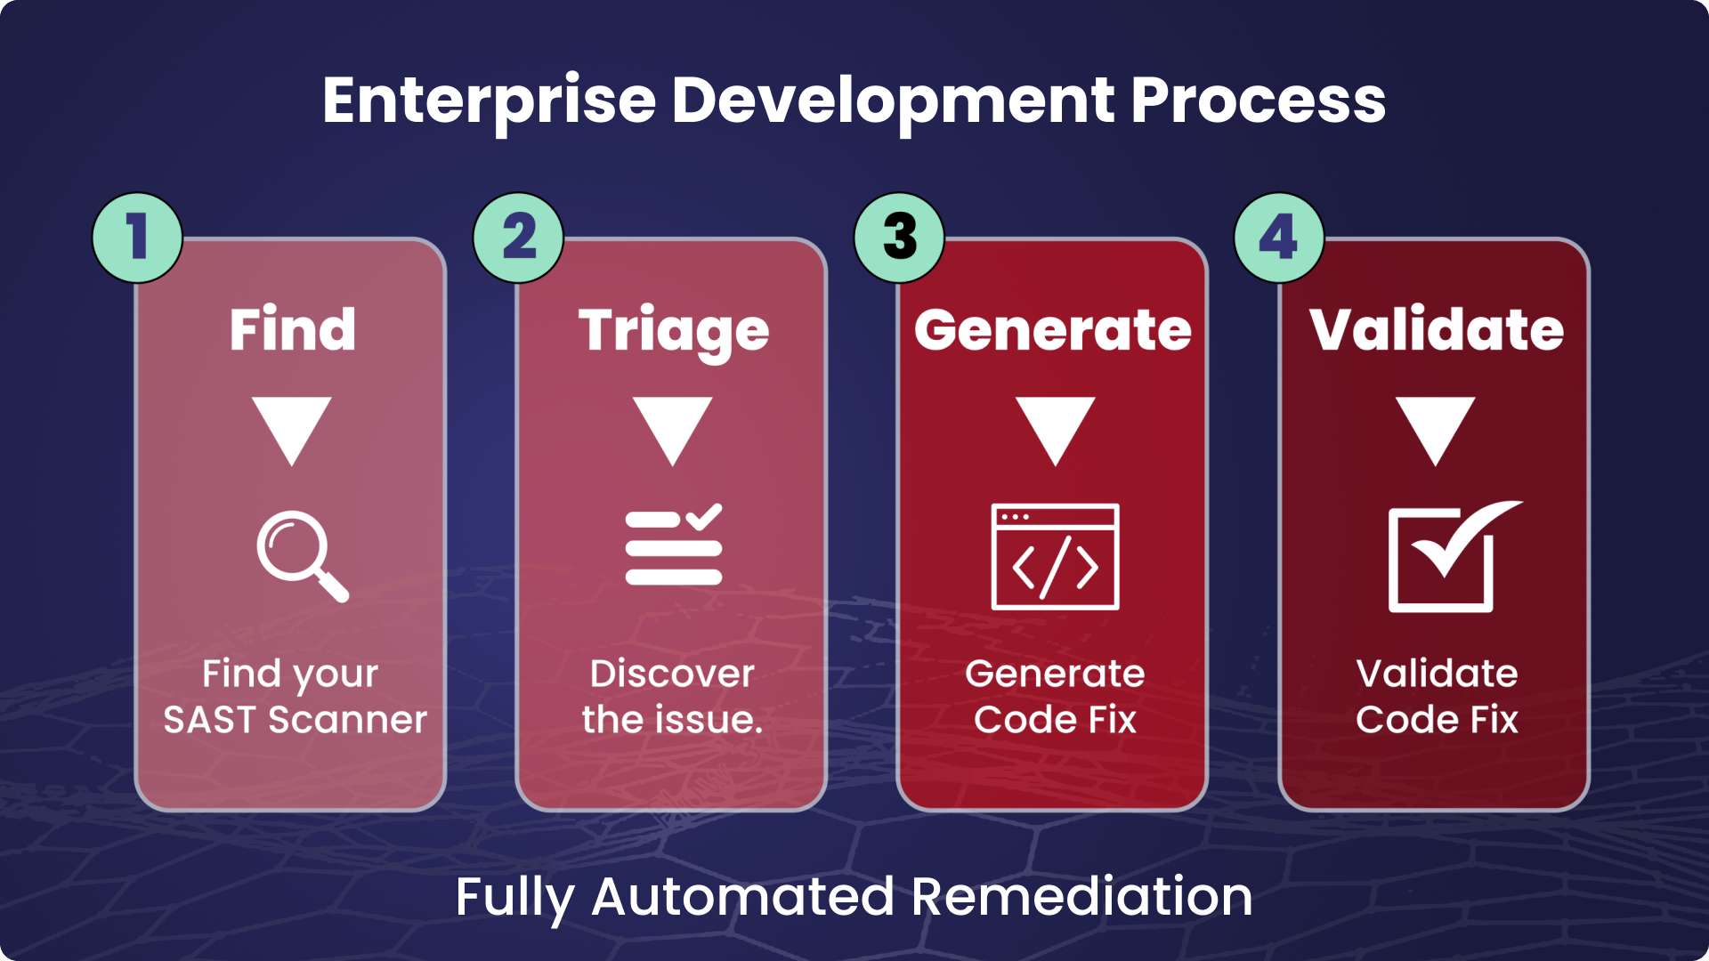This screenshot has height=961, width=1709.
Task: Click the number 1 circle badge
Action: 137,238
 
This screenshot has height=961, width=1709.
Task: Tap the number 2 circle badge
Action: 518,238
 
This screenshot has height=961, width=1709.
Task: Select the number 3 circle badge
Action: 899,238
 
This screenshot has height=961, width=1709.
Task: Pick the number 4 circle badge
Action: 1279,238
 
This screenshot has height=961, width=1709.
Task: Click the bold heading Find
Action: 292,329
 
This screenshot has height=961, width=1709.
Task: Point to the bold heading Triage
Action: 674,331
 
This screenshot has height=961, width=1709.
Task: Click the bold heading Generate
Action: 1053,330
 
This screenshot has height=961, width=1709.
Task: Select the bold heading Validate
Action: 1436,329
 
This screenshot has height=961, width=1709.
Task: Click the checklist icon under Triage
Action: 674,545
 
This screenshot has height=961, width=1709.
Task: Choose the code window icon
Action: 1055,557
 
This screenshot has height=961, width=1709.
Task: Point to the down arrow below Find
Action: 291,430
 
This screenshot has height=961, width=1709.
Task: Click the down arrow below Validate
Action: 1435,430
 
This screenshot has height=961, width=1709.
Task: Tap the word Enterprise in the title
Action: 489,101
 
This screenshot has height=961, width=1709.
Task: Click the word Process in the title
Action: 1258,101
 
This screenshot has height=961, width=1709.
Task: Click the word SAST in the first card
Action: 209,720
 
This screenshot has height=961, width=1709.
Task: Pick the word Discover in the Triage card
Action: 672,674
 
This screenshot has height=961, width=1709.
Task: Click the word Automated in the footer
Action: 742,896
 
